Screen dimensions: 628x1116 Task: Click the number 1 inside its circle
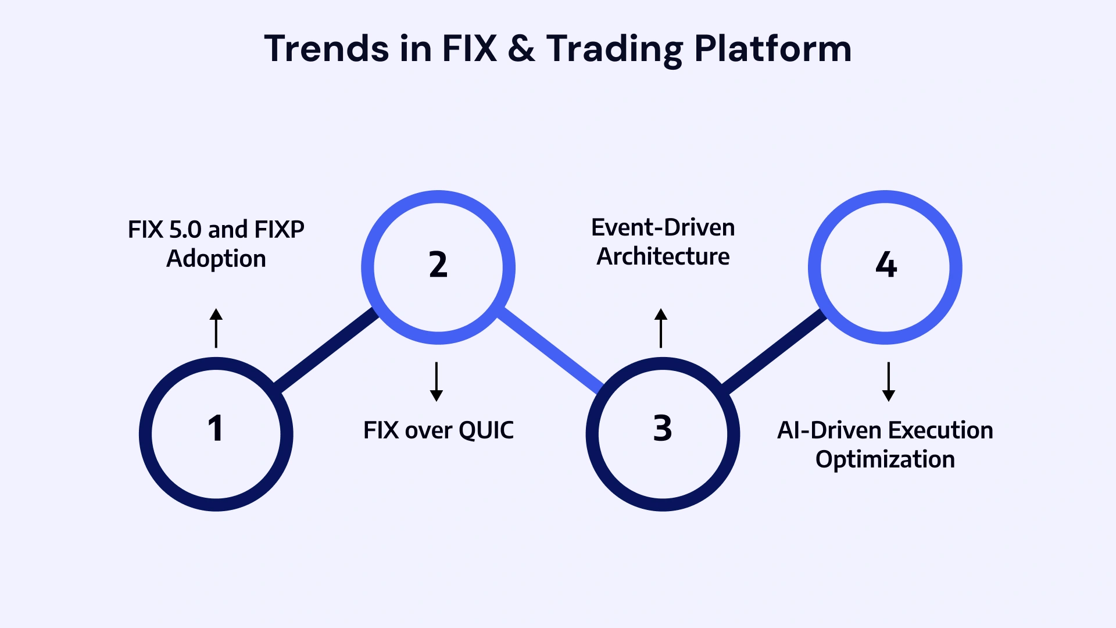tap(216, 429)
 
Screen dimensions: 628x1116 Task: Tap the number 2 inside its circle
tap(438, 265)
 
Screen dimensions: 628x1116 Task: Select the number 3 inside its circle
tap(663, 429)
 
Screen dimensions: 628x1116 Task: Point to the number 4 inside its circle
tap(886, 265)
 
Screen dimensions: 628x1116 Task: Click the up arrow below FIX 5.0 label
tap(216, 328)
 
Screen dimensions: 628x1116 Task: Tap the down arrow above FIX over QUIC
tap(437, 381)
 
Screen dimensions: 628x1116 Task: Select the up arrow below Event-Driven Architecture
tap(661, 328)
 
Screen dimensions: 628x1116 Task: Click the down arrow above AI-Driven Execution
tap(888, 381)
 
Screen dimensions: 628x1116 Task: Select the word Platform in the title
tap(772, 49)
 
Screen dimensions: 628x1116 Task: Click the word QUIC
tap(486, 431)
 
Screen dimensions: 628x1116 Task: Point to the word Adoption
tap(216, 259)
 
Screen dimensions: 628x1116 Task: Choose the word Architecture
tap(663, 256)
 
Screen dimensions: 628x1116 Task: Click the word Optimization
tap(885, 459)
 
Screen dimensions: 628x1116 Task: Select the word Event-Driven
tap(663, 227)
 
